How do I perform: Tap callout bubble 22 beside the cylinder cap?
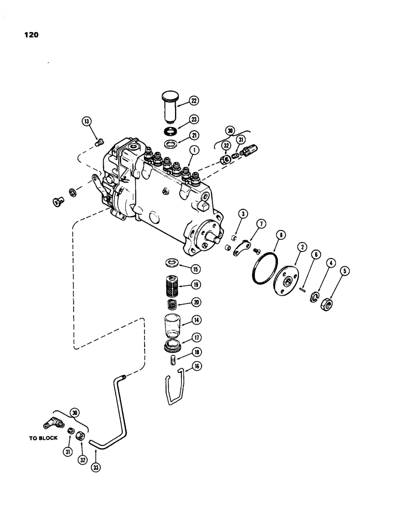click(180, 100)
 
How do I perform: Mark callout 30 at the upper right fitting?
click(230, 130)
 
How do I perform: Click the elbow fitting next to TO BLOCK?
click(53, 422)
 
